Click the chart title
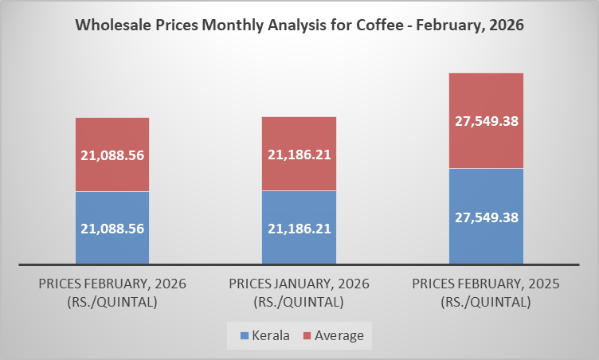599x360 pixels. point(299,25)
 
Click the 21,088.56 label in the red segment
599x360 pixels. point(112,155)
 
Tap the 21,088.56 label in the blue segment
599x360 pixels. point(112,228)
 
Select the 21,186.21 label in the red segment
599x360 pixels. point(299,155)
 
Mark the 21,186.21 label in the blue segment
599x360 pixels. point(299,228)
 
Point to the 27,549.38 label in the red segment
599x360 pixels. point(486,121)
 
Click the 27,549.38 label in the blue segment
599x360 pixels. point(486,216)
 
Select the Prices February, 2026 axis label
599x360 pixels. point(112,292)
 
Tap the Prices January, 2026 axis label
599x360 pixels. point(299,292)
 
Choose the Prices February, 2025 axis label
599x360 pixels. point(486,292)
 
